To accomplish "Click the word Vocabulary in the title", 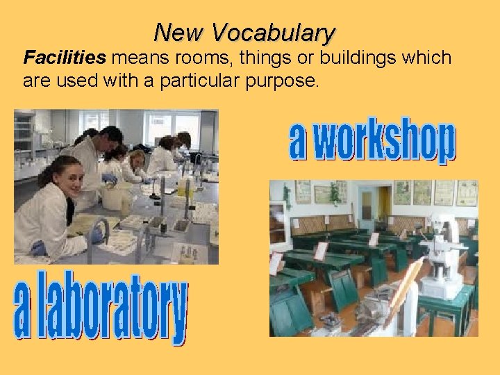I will click(273, 33).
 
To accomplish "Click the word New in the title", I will click(179, 33).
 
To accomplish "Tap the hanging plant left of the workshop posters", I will click(287, 196).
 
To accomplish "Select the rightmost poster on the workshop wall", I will click(467, 193).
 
